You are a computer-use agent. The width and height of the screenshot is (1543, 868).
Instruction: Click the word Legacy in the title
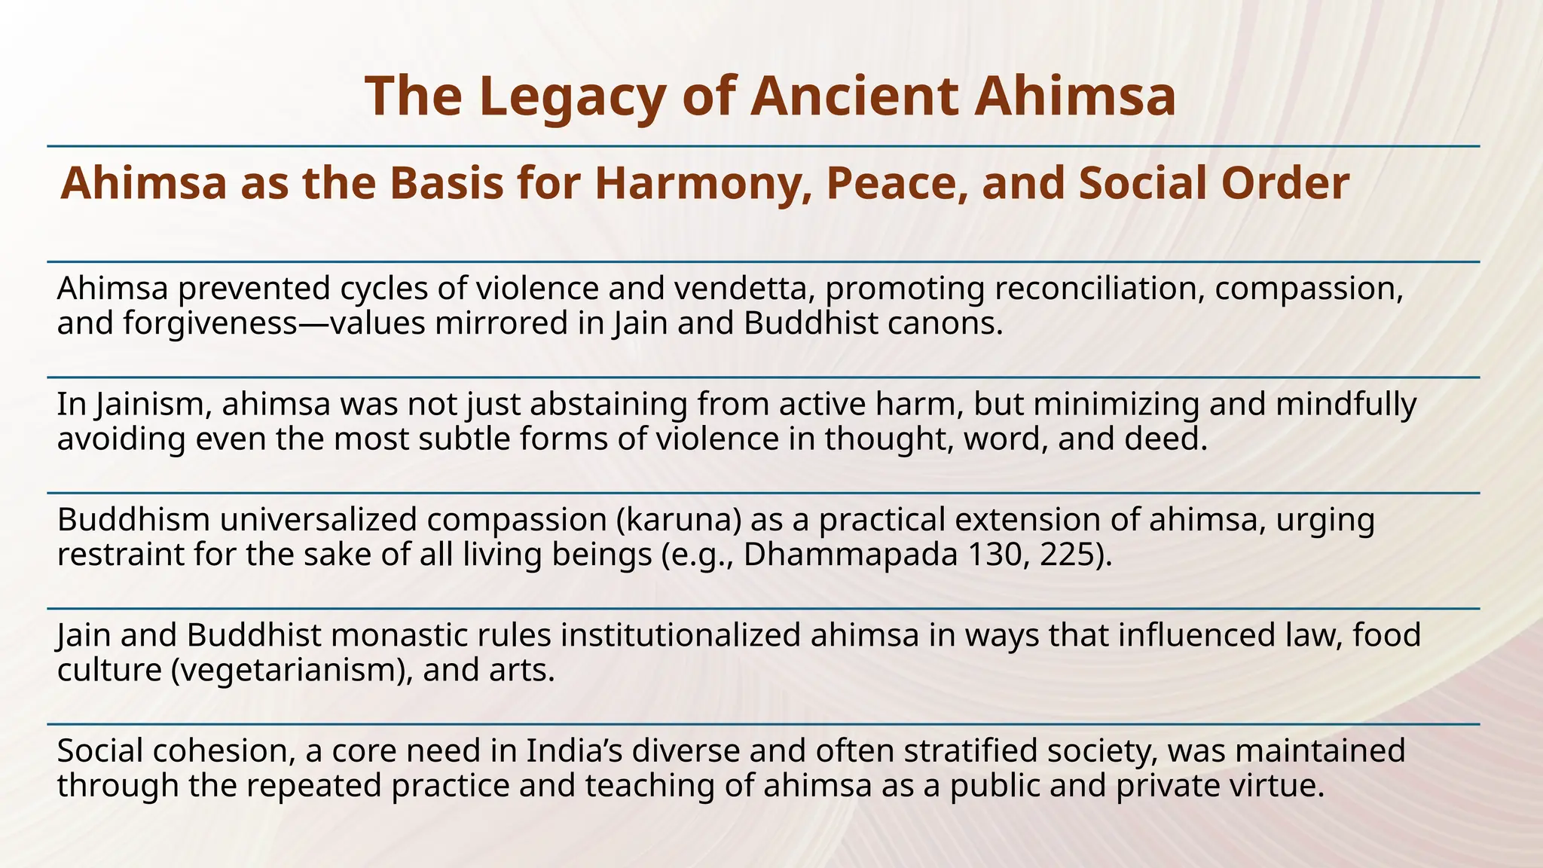(x=570, y=96)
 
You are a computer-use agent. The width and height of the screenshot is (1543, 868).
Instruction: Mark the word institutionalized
(x=681, y=635)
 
